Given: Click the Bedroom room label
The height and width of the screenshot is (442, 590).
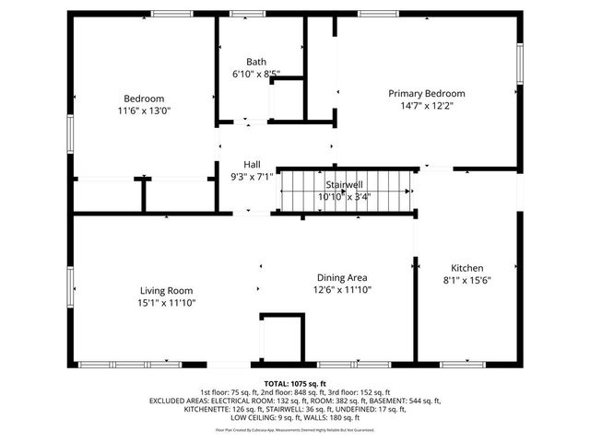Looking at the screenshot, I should tap(144, 99).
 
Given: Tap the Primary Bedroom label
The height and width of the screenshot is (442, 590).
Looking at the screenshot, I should tap(426, 93).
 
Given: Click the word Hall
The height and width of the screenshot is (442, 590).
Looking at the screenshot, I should tap(252, 165).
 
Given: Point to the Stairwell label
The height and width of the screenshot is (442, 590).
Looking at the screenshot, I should tap(344, 184).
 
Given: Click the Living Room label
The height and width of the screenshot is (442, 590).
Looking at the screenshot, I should tap(166, 290).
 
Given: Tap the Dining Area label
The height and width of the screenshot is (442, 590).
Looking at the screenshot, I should tap(344, 277).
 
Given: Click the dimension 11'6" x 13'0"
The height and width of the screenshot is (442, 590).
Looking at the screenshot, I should tap(144, 110).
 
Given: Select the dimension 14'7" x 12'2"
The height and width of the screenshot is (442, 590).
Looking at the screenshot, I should tap(426, 105).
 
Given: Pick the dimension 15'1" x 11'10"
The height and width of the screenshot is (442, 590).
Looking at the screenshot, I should tap(166, 302).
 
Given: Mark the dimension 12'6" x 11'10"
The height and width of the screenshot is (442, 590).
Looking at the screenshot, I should tap(344, 289).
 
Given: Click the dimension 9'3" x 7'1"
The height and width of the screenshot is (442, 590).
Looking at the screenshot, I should tap(252, 177).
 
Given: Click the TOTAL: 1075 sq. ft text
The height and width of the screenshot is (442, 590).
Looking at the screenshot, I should tap(295, 383).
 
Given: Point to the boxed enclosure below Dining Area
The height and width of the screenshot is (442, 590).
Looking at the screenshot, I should tap(282, 337).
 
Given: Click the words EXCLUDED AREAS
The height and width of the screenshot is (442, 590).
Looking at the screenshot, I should tap(182, 401).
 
